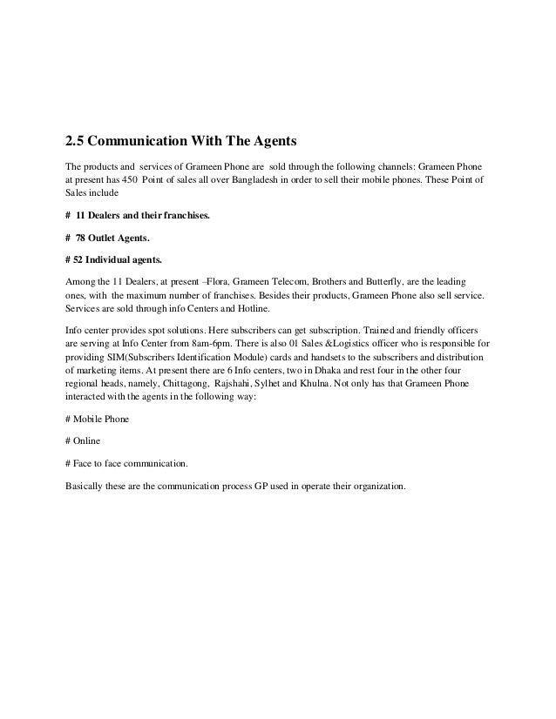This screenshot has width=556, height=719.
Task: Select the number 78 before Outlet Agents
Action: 83,236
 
